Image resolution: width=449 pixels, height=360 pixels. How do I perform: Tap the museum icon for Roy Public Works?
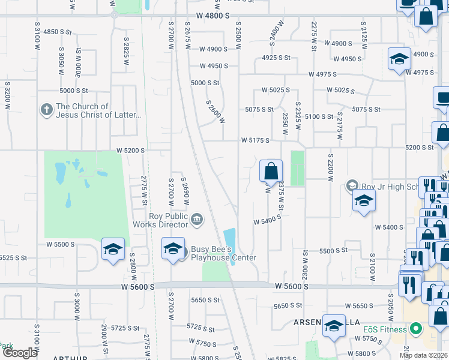coord(196,221)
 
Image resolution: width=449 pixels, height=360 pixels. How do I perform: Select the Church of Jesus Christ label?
coord(98,110)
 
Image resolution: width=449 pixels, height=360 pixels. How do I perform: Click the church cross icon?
coord(47,110)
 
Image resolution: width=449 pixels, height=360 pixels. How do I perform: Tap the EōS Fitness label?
coord(385,329)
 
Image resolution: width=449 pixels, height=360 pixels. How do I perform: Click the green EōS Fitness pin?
coord(415,329)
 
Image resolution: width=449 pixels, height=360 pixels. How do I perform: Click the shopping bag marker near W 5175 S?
coord(271,171)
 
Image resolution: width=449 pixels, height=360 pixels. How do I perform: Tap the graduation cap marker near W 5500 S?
coord(113,250)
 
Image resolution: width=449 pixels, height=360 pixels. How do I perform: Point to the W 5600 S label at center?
coord(290,287)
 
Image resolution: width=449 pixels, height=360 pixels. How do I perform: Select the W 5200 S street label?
coord(130,150)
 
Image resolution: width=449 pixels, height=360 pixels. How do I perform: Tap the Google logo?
coord(20,353)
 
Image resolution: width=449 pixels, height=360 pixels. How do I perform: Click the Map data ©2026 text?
coord(424,355)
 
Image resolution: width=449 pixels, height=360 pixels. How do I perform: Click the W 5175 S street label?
coord(255,140)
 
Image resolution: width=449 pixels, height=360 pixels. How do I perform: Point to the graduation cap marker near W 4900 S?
coord(399,59)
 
